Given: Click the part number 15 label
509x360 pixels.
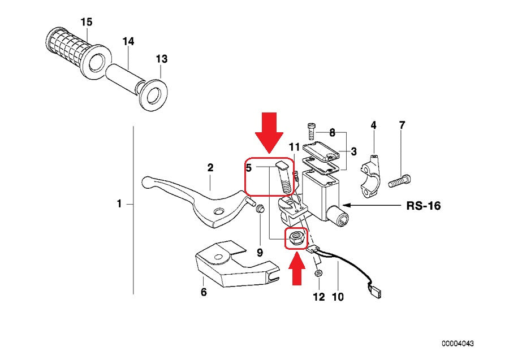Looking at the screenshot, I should coord(86,22).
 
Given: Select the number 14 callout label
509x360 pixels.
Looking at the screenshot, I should coord(128,41).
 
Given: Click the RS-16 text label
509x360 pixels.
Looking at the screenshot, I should coord(423,206).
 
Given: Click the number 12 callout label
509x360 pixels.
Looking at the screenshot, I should coord(318,297).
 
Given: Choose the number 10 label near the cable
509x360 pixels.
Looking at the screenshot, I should coord(338,297).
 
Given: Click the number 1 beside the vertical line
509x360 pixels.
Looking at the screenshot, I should coord(119,203).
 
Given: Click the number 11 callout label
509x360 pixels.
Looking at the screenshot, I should coord(294,148).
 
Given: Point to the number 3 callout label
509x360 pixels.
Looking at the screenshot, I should coord(353,151).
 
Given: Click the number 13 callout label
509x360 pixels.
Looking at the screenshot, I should coord(161,59).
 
